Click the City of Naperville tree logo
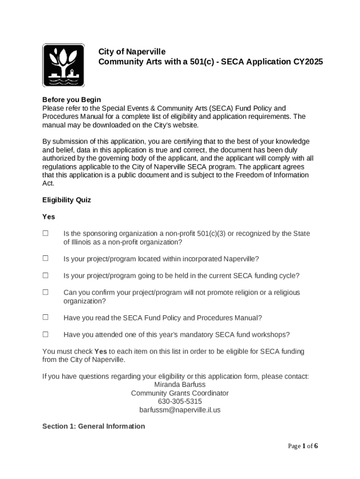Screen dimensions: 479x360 pos(64,65)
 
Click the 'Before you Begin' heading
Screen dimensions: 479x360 pos(72,100)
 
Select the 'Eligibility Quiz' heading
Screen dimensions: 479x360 pos(66,200)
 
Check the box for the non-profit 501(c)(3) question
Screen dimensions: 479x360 pos(46,233)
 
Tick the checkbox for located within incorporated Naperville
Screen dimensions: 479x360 pos(46,259)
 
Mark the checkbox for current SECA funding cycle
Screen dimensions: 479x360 pos(46,276)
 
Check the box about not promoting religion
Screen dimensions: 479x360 pos(46,292)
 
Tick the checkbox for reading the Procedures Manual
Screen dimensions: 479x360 pos(46,318)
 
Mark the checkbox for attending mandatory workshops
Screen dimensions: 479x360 pos(46,334)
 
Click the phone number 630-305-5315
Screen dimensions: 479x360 pos(180,401)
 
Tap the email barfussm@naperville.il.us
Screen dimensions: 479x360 pos(180,410)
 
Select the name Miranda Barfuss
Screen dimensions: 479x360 pos(180,385)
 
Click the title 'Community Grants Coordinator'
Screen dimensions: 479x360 pos(180,393)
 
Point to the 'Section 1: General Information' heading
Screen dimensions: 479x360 pos(94,426)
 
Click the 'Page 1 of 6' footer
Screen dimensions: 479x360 pos(302,446)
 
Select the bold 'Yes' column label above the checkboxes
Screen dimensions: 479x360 pos(49,217)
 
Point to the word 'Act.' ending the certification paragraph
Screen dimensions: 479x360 pos(48,183)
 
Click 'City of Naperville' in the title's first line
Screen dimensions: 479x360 pos(131,51)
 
